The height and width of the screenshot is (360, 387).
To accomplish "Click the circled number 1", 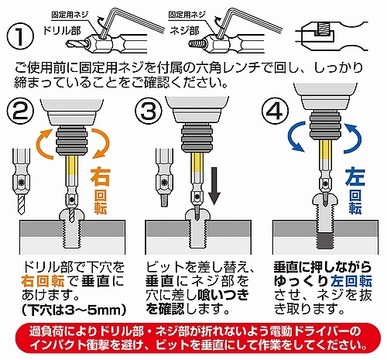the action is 20,36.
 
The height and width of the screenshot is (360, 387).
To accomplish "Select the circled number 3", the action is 149,111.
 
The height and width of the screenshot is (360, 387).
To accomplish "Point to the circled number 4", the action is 276,111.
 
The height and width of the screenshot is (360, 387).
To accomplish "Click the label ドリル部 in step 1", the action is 61,31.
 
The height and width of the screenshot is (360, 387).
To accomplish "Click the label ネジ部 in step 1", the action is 184,31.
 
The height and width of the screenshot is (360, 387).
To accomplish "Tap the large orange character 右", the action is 101,177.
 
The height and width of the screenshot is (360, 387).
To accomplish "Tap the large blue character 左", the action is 355,177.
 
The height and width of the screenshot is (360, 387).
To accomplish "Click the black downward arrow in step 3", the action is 214,185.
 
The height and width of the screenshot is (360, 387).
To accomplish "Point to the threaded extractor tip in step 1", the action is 195,44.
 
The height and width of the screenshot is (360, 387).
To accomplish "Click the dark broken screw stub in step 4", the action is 326,242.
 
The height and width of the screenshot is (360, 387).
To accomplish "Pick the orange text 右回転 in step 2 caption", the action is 43,281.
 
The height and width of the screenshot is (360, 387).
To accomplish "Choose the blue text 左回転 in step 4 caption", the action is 351,281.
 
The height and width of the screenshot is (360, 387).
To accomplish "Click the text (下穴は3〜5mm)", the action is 74,310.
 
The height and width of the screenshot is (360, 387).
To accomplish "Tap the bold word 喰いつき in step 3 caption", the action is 223,295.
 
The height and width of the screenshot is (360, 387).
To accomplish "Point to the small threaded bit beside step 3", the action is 165,177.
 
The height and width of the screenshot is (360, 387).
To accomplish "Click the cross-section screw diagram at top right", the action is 331,36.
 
